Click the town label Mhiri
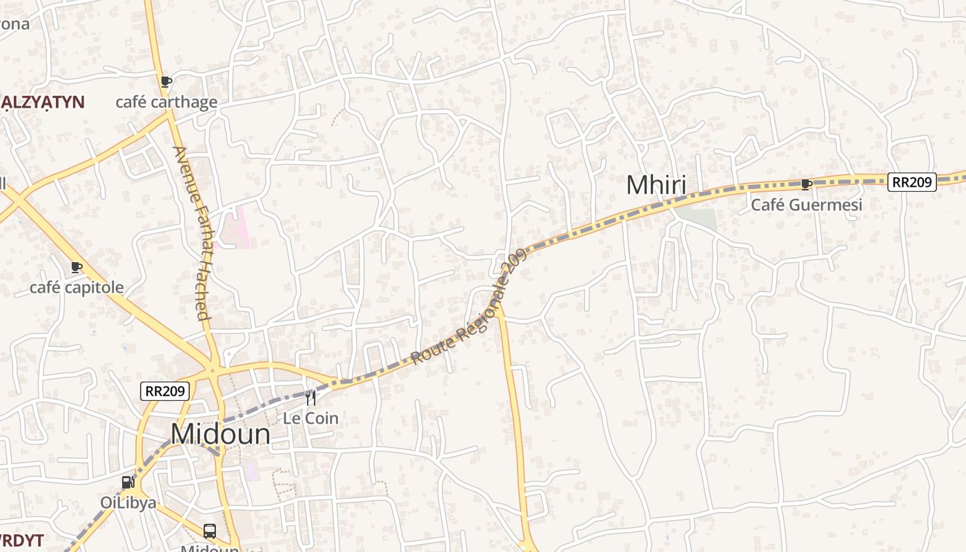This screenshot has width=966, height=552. pos(656,185)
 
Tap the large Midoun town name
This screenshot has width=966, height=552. pos(220,434)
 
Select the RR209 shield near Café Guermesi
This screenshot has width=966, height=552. pos(911,182)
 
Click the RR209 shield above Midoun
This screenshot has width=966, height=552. pos(165,391)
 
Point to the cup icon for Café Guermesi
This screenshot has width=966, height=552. pos(806,184)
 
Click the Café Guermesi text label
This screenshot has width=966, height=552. pos(806,205)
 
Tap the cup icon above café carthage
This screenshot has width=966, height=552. pos(166,82)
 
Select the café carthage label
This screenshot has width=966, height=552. pos(166,103)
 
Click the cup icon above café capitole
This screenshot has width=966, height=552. pos(77,267)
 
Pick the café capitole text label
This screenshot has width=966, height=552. pos(77,288)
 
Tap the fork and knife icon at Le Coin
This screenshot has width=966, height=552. pos(310,397)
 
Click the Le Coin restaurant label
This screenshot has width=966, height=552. pos(310,418)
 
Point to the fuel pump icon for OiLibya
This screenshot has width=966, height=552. pos(128,482)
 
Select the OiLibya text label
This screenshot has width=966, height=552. pos(128,502)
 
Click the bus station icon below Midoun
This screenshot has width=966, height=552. pos(210,531)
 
